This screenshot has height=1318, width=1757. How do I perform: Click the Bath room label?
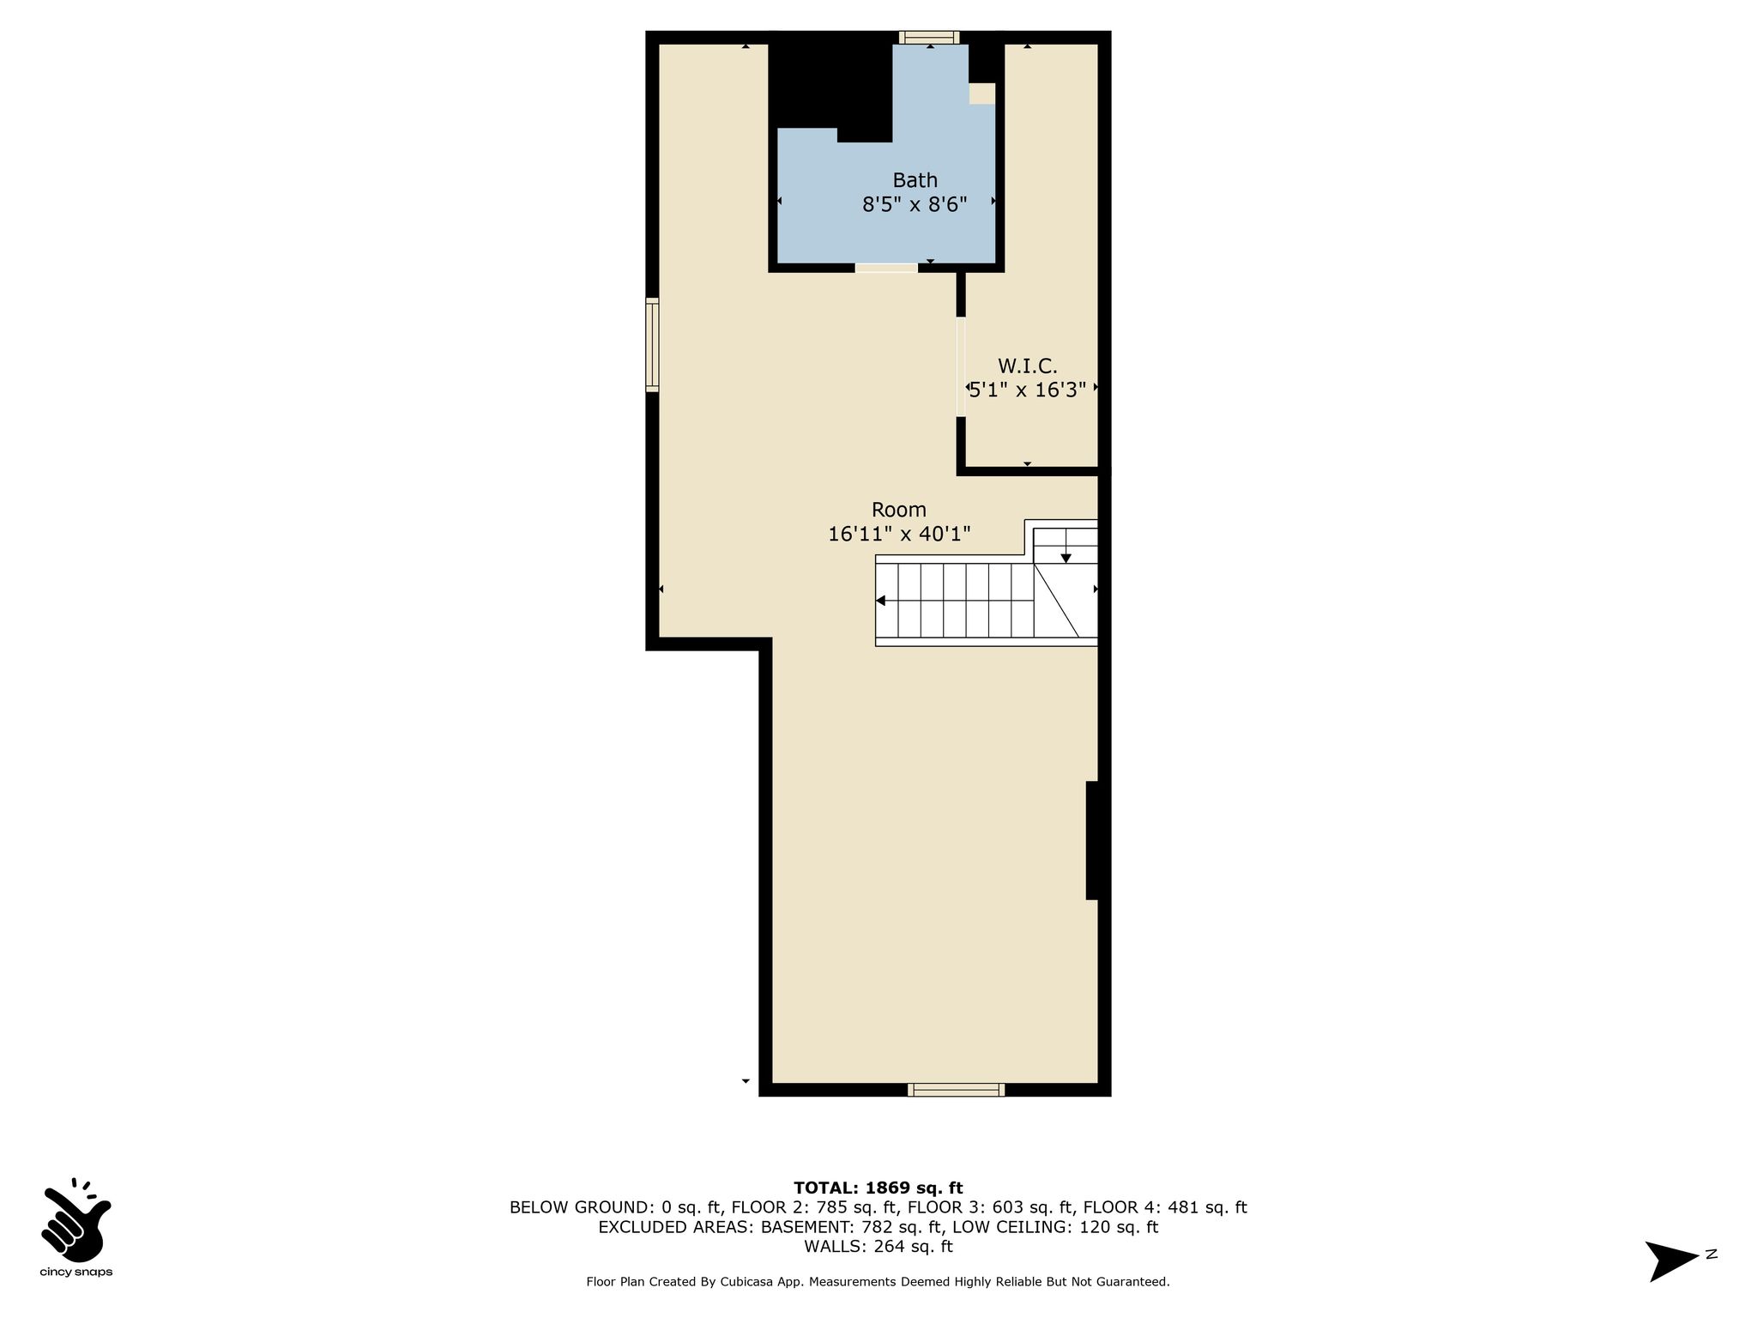point(915,180)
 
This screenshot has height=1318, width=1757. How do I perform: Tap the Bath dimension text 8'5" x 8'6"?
point(915,204)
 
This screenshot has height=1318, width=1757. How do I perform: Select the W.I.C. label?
point(1027,366)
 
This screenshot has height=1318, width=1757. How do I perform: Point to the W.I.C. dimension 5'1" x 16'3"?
point(1028,389)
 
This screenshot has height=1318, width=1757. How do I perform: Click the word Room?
point(899,510)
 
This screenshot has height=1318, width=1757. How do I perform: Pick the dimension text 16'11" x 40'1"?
point(899,534)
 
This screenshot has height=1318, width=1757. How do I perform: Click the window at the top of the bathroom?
point(929,37)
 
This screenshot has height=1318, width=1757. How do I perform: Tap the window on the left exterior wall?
point(652,345)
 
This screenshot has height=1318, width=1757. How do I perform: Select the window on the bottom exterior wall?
point(957,1090)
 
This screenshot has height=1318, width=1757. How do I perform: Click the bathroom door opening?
point(886,268)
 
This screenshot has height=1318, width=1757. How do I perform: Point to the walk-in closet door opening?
point(961,367)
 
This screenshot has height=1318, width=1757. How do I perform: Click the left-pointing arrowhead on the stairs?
point(880,601)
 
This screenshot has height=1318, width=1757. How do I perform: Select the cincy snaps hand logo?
point(75,1219)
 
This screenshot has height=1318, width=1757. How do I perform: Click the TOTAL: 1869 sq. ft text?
point(878,1188)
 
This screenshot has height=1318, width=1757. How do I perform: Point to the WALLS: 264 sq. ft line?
point(878,1246)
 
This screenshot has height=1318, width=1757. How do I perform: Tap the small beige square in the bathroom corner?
point(982,94)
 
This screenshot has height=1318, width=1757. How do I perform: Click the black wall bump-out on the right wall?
point(1092,840)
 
